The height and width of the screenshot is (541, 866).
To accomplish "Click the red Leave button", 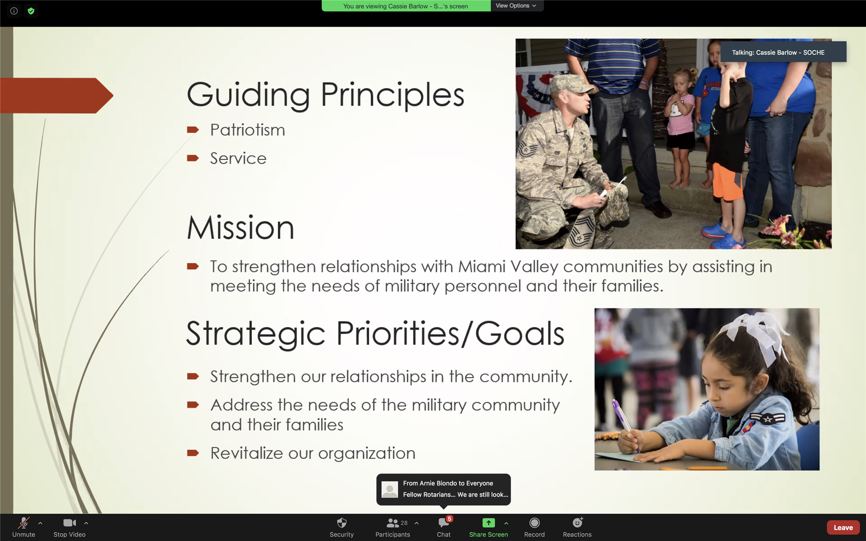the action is click(843, 527).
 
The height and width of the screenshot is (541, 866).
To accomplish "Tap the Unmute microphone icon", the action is click(24, 523).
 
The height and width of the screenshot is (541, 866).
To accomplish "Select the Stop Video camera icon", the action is click(70, 523).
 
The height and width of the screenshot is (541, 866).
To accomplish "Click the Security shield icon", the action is click(342, 523).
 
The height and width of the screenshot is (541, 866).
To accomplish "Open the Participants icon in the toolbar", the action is click(392, 523).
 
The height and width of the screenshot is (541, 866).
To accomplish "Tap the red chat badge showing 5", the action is click(449, 519).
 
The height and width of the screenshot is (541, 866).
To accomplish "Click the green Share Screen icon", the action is click(489, 523).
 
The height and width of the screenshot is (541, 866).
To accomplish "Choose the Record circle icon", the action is click(534, 523).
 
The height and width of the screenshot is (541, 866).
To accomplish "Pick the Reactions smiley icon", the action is click(577, 522).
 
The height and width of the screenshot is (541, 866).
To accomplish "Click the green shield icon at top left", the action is click(31, 11).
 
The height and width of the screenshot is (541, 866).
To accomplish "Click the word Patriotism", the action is click(248, 130).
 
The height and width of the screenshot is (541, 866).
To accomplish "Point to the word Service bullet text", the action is click(238, 158).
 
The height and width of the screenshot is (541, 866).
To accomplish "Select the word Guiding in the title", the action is click(248, 94).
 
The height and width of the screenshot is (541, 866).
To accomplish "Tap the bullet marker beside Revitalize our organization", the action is click(193, 453).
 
